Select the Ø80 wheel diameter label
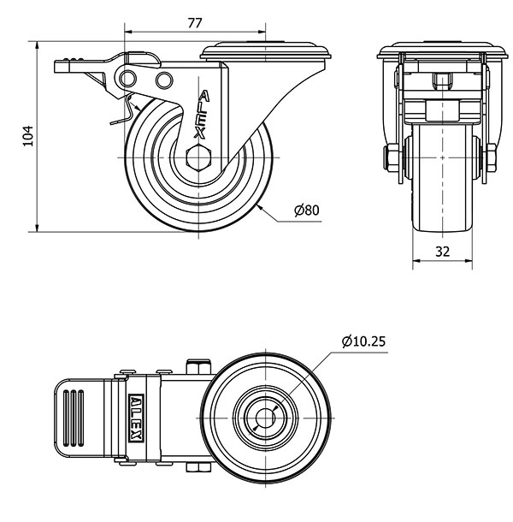(x=306, y=210)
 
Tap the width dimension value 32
(x=442, y=251)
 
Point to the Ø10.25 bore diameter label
(x=363, y=341)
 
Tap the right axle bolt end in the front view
(x=493, y=158)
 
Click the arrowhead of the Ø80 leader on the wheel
(x=257, y=207)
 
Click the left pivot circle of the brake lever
(x=128, y=80)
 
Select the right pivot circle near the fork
(x=164, y=80)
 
